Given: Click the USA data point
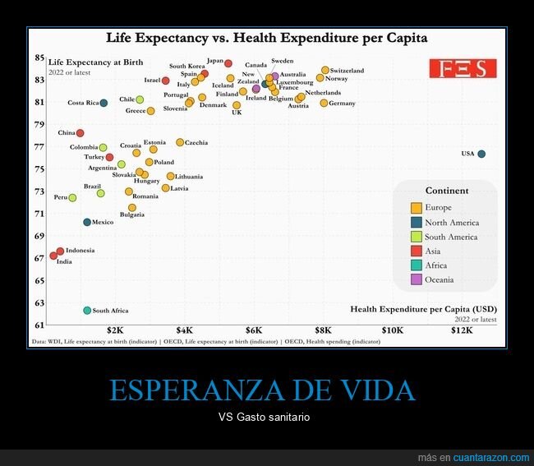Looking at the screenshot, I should pos(481,154).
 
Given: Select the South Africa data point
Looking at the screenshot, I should pos(87,311).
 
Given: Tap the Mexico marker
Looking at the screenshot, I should pos(87,222).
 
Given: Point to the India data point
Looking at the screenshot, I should pos(53,256).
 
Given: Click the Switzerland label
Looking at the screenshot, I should pos(347,71).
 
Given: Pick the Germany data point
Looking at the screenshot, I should pos(324,103).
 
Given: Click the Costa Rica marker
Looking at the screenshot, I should pos(104,103).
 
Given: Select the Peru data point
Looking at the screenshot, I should pos(72,197).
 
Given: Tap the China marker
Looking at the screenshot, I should pos(81,133).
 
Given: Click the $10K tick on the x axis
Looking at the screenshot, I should pos(393,330).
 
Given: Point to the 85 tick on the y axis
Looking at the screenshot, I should pos(39,58).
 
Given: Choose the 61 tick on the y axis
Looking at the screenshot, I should pos(39,326).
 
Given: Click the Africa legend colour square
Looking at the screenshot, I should pos(417,265).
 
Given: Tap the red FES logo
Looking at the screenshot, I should pos(463,68).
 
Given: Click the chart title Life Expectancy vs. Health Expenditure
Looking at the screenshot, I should pos(266,38).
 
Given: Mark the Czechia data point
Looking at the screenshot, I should pos(180,142).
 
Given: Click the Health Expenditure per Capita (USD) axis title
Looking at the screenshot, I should pos(422,309).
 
